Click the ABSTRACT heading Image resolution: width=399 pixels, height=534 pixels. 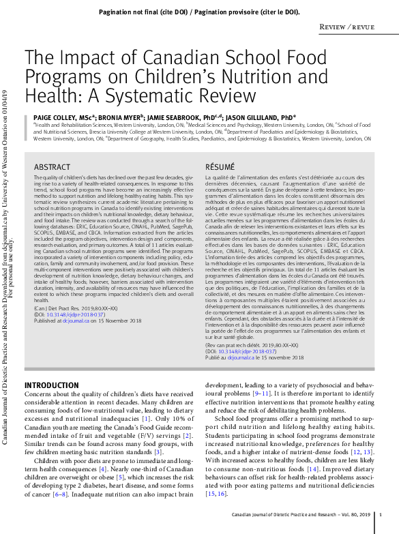coord(52,167)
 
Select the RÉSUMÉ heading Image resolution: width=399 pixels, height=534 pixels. coord(220,167)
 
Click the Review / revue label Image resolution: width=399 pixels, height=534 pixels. coord(346,27)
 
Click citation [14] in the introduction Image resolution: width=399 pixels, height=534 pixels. coord(313,470)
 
